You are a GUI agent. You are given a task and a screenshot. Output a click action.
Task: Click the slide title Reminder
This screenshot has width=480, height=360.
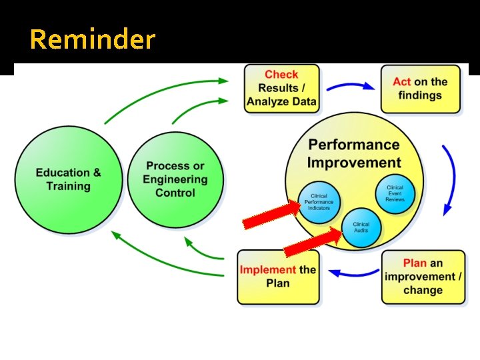(x=92, y=40)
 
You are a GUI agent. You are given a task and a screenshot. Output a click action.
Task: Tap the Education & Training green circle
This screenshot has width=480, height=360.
(x=69, y=179)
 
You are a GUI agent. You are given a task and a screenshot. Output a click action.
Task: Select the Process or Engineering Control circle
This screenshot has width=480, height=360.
(x=175, y=179)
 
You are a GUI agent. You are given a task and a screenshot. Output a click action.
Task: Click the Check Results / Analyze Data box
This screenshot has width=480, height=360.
(x=281, y=88)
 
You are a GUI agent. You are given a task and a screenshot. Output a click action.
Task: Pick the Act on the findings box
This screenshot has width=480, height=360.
(x=420, y=88)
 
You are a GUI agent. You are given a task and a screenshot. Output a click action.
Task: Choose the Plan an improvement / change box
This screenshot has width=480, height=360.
(x=423, y=276)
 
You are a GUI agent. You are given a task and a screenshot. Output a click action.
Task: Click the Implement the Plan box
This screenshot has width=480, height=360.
(x=278, y=276)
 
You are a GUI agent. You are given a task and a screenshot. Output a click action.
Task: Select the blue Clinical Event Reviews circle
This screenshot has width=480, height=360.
(x=395, y=193)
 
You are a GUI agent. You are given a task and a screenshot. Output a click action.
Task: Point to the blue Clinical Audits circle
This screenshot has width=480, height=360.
(x=361, y=227)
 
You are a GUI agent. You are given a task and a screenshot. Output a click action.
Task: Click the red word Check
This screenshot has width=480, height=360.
(x=281, y=75)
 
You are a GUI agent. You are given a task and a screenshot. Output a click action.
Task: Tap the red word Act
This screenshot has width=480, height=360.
(x=402, y=82)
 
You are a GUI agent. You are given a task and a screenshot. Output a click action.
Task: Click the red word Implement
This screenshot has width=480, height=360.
(x=267, y=269)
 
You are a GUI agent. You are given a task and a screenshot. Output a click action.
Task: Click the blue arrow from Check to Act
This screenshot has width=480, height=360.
(x=351, y=86)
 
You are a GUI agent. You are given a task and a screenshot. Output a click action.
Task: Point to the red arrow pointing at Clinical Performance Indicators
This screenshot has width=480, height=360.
(x=270, y=215)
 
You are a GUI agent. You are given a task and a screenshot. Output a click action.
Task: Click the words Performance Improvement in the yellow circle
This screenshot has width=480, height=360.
(x=354, y=154)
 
